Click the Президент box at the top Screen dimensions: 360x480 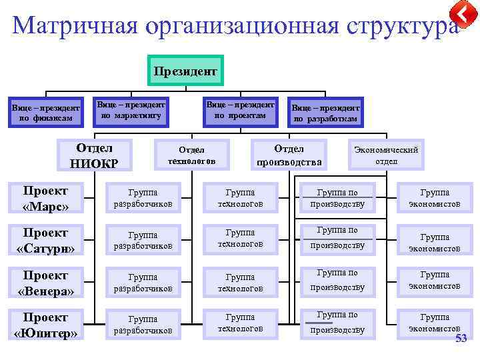click(x=185, y=70)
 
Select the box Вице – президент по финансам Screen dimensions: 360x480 click(x=45, y=113)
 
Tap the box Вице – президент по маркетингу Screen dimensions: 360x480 click(x=131, y=110)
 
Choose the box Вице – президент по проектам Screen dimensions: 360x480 click(x=240, y=110)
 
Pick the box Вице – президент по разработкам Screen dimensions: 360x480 click(x=325, y=113)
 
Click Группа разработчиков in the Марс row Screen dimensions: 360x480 click(x=143, y=198)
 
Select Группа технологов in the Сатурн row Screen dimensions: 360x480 click(x=240, y=239)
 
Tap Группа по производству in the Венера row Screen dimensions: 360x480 click(x=337, y=280)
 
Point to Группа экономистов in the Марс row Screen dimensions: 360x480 click(x=434, y=198)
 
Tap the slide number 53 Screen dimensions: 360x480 click(x=461, y=340)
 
